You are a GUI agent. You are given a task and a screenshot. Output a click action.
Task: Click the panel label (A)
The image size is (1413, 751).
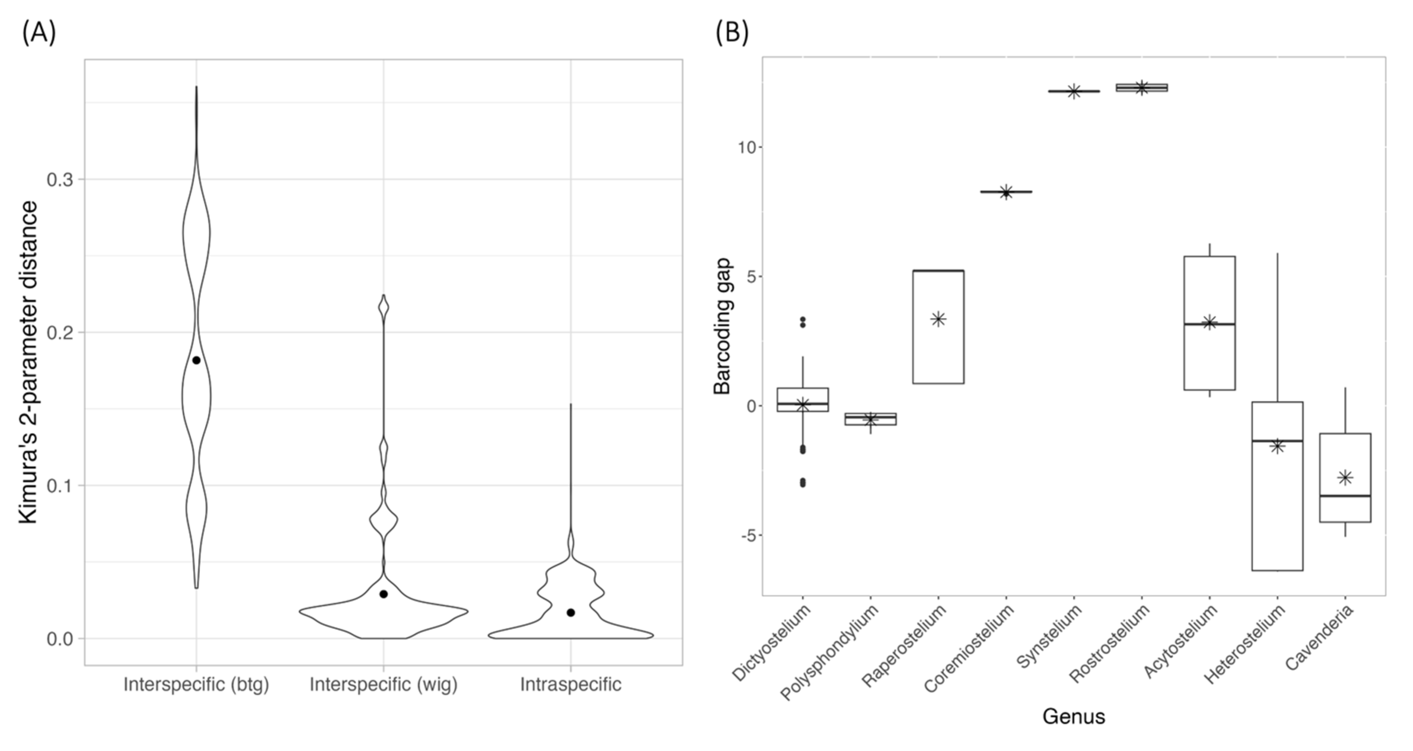(39, 33)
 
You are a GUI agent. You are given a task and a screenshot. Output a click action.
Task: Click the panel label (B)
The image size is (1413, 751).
(732, 33)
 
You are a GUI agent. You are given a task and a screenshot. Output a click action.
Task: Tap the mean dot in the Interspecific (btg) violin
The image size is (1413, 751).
(196, 360)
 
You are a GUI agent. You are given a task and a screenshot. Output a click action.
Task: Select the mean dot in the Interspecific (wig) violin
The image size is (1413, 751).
(383, 594)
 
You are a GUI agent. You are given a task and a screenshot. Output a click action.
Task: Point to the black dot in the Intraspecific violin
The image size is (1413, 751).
(571, 612)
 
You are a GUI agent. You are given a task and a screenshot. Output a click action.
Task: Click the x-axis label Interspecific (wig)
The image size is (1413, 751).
(383, 685)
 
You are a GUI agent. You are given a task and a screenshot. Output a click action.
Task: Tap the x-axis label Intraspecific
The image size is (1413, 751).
(571, 685)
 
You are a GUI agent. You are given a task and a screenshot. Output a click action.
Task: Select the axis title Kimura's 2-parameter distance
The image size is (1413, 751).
(28, 362)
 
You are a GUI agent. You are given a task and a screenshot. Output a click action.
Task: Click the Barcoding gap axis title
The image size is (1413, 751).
(723, 326)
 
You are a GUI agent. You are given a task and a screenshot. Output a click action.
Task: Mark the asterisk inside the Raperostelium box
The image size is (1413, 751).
(938, 319)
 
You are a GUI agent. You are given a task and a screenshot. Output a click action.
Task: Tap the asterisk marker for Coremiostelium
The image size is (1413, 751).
(1006, 192)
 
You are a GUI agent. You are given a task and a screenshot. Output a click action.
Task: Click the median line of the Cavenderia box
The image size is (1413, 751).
(1345, 496)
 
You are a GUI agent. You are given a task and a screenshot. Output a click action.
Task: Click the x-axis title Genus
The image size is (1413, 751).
(1074, 716)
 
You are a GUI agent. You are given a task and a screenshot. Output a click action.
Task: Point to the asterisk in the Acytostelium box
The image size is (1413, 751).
(1209, 322)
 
